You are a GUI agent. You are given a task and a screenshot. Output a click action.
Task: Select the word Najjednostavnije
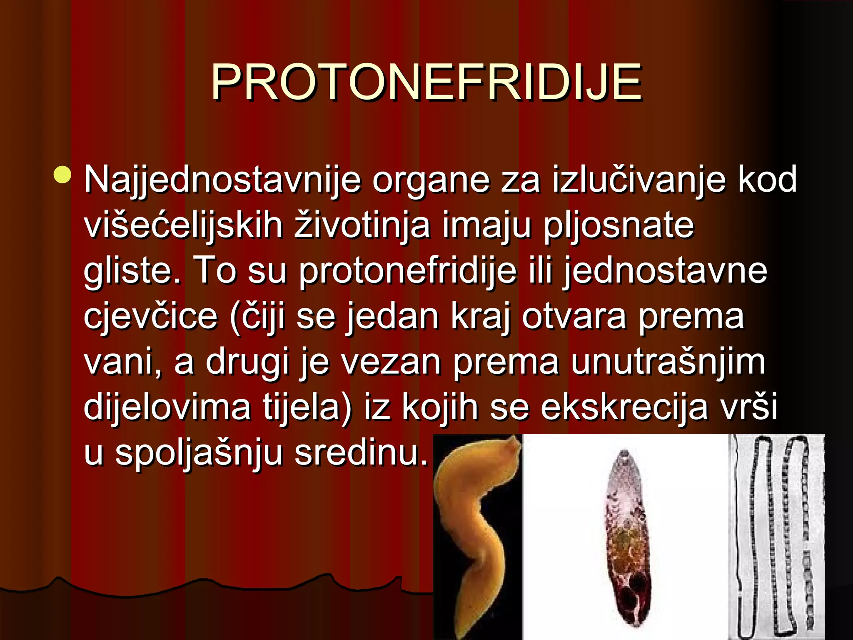pyautogui.click(x=222, y=180)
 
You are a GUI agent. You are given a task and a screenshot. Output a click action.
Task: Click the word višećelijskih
pyautogui.click(x=184, y=226)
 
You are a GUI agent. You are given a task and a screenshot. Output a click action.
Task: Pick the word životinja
pyautogui.click(x=362, y=226)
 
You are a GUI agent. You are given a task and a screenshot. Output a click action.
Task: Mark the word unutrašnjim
pyautogui.click(x=668, y=362)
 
